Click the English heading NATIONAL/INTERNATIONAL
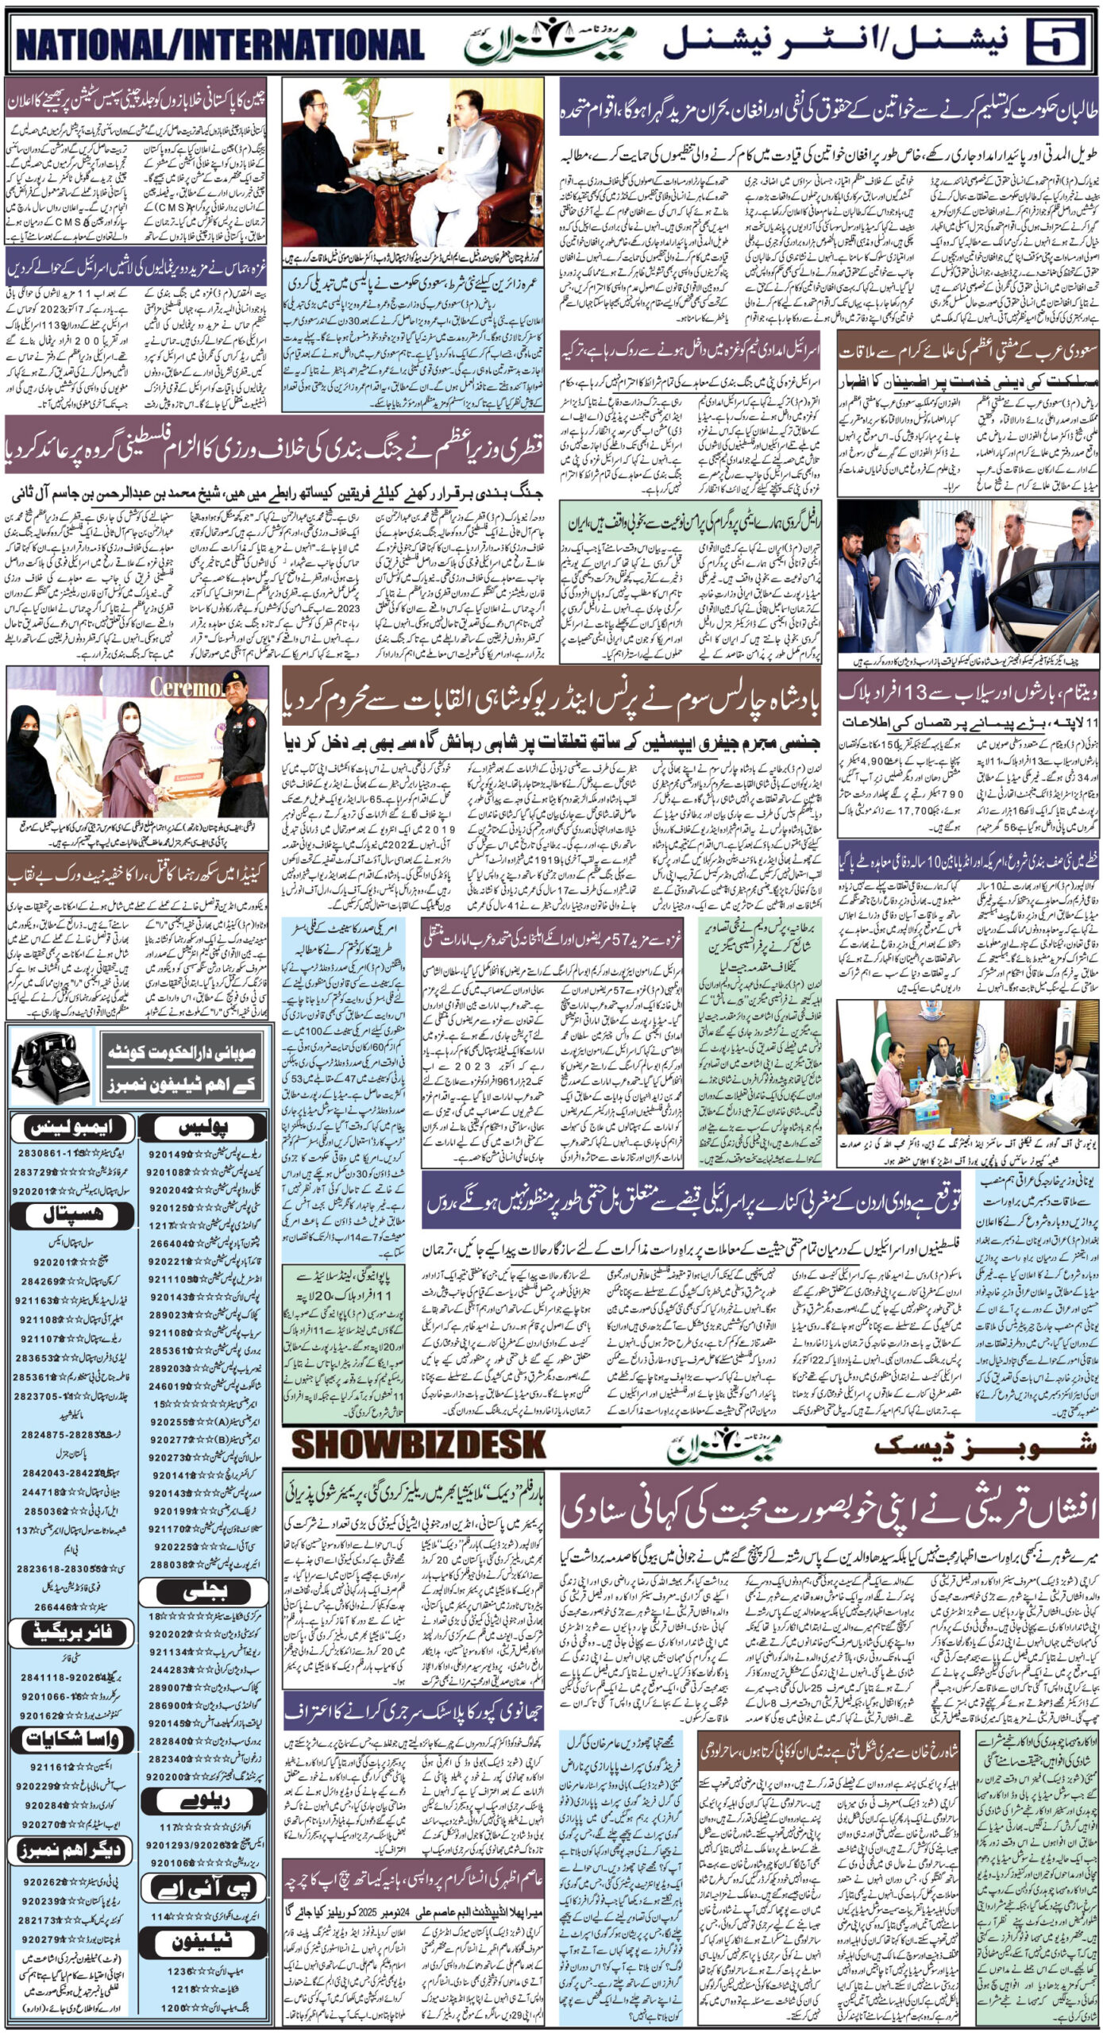coord(220,45)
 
